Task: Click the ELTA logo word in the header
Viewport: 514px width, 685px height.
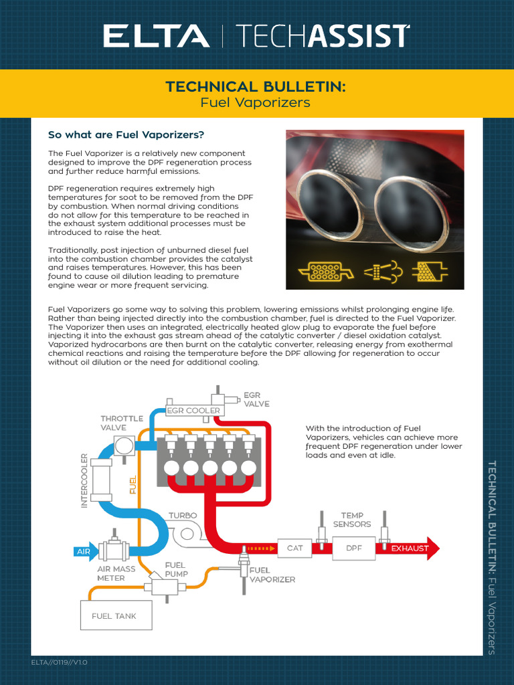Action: point(155,35)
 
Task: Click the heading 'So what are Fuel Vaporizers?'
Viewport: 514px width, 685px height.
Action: point(126,135)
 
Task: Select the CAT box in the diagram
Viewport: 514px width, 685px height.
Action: point(295,548)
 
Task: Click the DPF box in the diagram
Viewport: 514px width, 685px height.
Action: point(353,548)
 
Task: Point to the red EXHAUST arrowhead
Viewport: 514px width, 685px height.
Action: point(432,549)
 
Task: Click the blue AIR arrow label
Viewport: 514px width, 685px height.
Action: point(84,552)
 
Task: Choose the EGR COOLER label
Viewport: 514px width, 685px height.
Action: point(193,410)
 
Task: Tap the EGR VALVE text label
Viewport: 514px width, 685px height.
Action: point(257,399)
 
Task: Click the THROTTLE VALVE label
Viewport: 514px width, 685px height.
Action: point(122,423)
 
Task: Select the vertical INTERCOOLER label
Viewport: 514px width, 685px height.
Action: point(85,480)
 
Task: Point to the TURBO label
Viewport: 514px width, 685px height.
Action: point(182,516)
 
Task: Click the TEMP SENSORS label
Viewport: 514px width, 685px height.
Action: point(352,520)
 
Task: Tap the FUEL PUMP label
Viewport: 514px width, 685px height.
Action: point(177,569)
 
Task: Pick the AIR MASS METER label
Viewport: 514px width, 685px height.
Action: point(116,573)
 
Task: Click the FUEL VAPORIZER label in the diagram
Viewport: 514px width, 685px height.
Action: point(272,575)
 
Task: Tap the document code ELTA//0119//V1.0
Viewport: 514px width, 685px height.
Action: point(60,662)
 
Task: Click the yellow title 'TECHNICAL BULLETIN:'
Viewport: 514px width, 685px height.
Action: point(256,87)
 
